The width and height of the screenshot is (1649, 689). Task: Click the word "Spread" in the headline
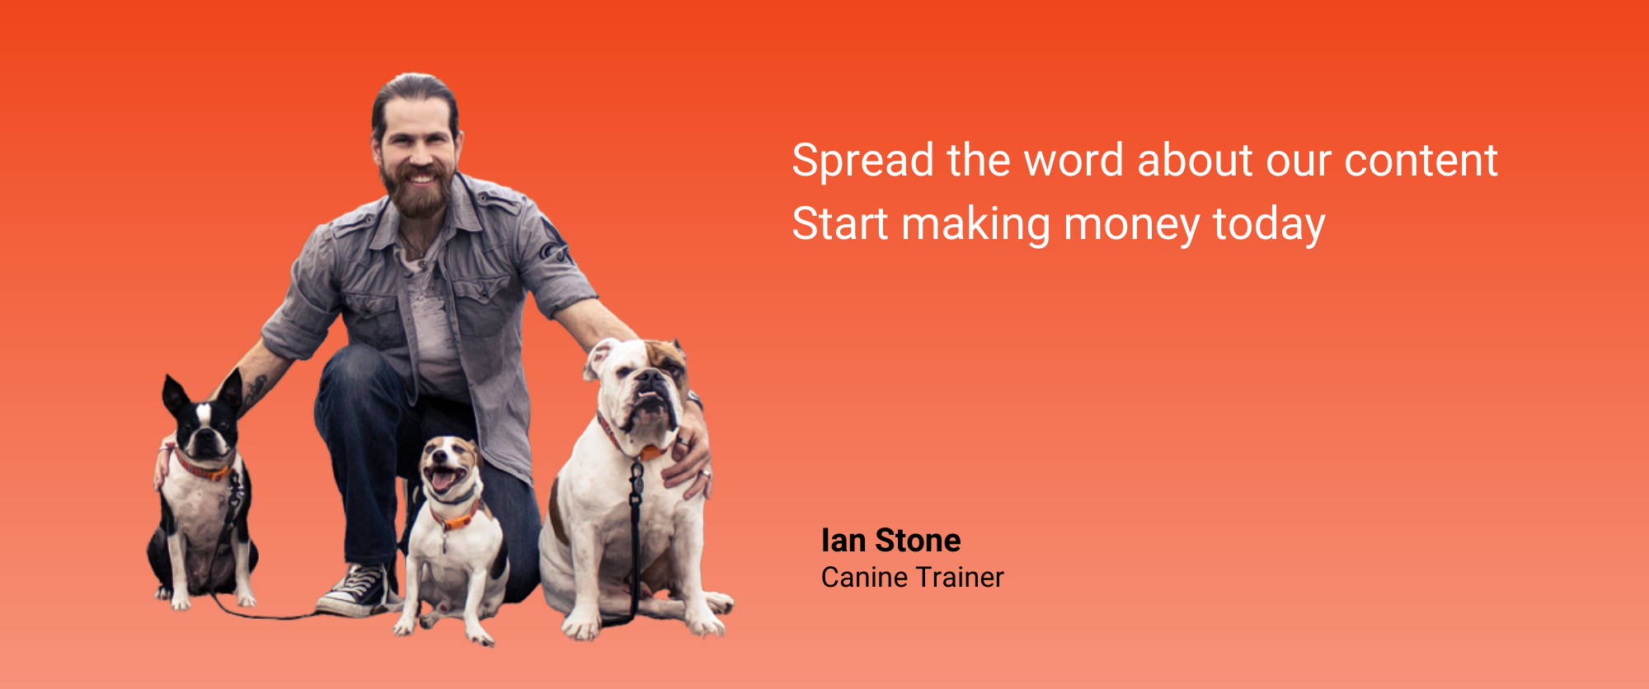(x=862, y=162)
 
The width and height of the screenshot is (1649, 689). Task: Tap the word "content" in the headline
(x=1421, y=160)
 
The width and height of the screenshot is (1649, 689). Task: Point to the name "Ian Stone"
(x=890, y=541)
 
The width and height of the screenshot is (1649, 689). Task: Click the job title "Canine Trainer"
(x=912, y=577)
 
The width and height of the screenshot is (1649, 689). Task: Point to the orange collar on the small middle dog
(x=454, y=519)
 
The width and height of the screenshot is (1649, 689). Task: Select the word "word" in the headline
(x=1073, y=160)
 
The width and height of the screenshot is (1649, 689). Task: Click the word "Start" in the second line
(x=840, y=224)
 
